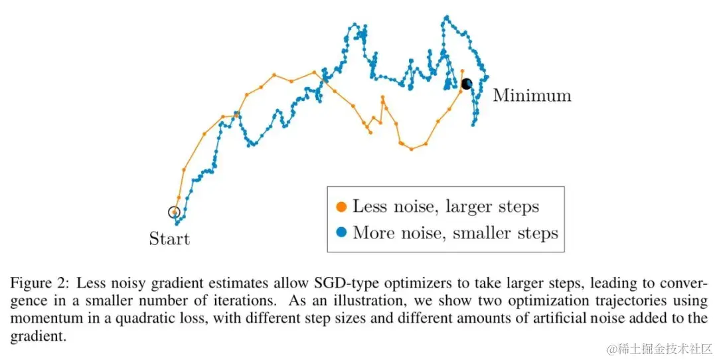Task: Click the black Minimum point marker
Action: (x=466, y=83)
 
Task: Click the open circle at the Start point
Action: (x=174, y=213)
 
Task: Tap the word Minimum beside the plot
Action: (x=532, y=96)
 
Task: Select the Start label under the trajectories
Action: (x=169, y=239)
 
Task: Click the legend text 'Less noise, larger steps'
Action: (x=445, y=207)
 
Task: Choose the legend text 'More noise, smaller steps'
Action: (x=455, y=233)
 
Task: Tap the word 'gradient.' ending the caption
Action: (x=38, y=336)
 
